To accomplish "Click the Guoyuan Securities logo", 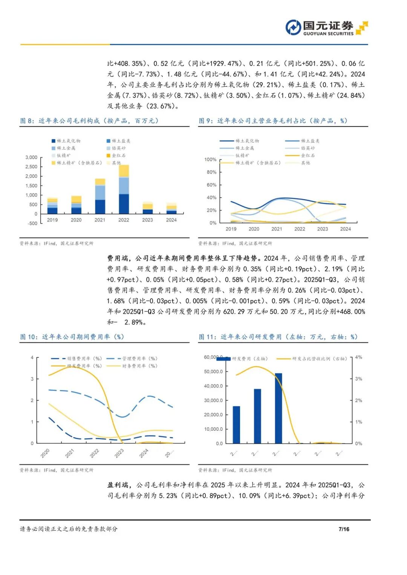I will pyautogui.click(x=326, y=28).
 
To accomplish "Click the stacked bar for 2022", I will pyautogui.click(x=124, y=190).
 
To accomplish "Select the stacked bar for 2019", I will pyautogui.click(x=52, y=206).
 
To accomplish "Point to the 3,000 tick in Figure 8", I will pyautogui.click(x=31, y=157).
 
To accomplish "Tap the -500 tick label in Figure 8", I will pyautogui.click(x=32, y=223).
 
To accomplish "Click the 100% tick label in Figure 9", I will pyautogui.click(x=210, y=160).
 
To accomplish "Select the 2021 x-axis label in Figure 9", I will pyautogui.click(x=277, y=229).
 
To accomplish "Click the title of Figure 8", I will pyautogui.click(x=89, y=121).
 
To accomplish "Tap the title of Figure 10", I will pyautogui.click(x=72, y=337).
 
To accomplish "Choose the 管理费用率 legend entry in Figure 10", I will pyautogui.click(x=132, y=358).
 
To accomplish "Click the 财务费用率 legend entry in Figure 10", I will pyautogui.click(x=132, y=366).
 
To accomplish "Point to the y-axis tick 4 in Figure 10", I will pyautogui.click(x=32, y=358).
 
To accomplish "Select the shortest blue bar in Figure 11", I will pyautogui.click(x=236, y=425).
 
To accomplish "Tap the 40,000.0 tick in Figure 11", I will pyautogui.click(x=213, y=386).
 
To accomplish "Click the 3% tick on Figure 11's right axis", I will pyautogui.click(x=358, y=379).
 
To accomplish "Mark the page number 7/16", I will pyautogui.click(x=344, y=529).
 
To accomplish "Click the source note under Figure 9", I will pyautogui.click(x=235, y=244).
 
